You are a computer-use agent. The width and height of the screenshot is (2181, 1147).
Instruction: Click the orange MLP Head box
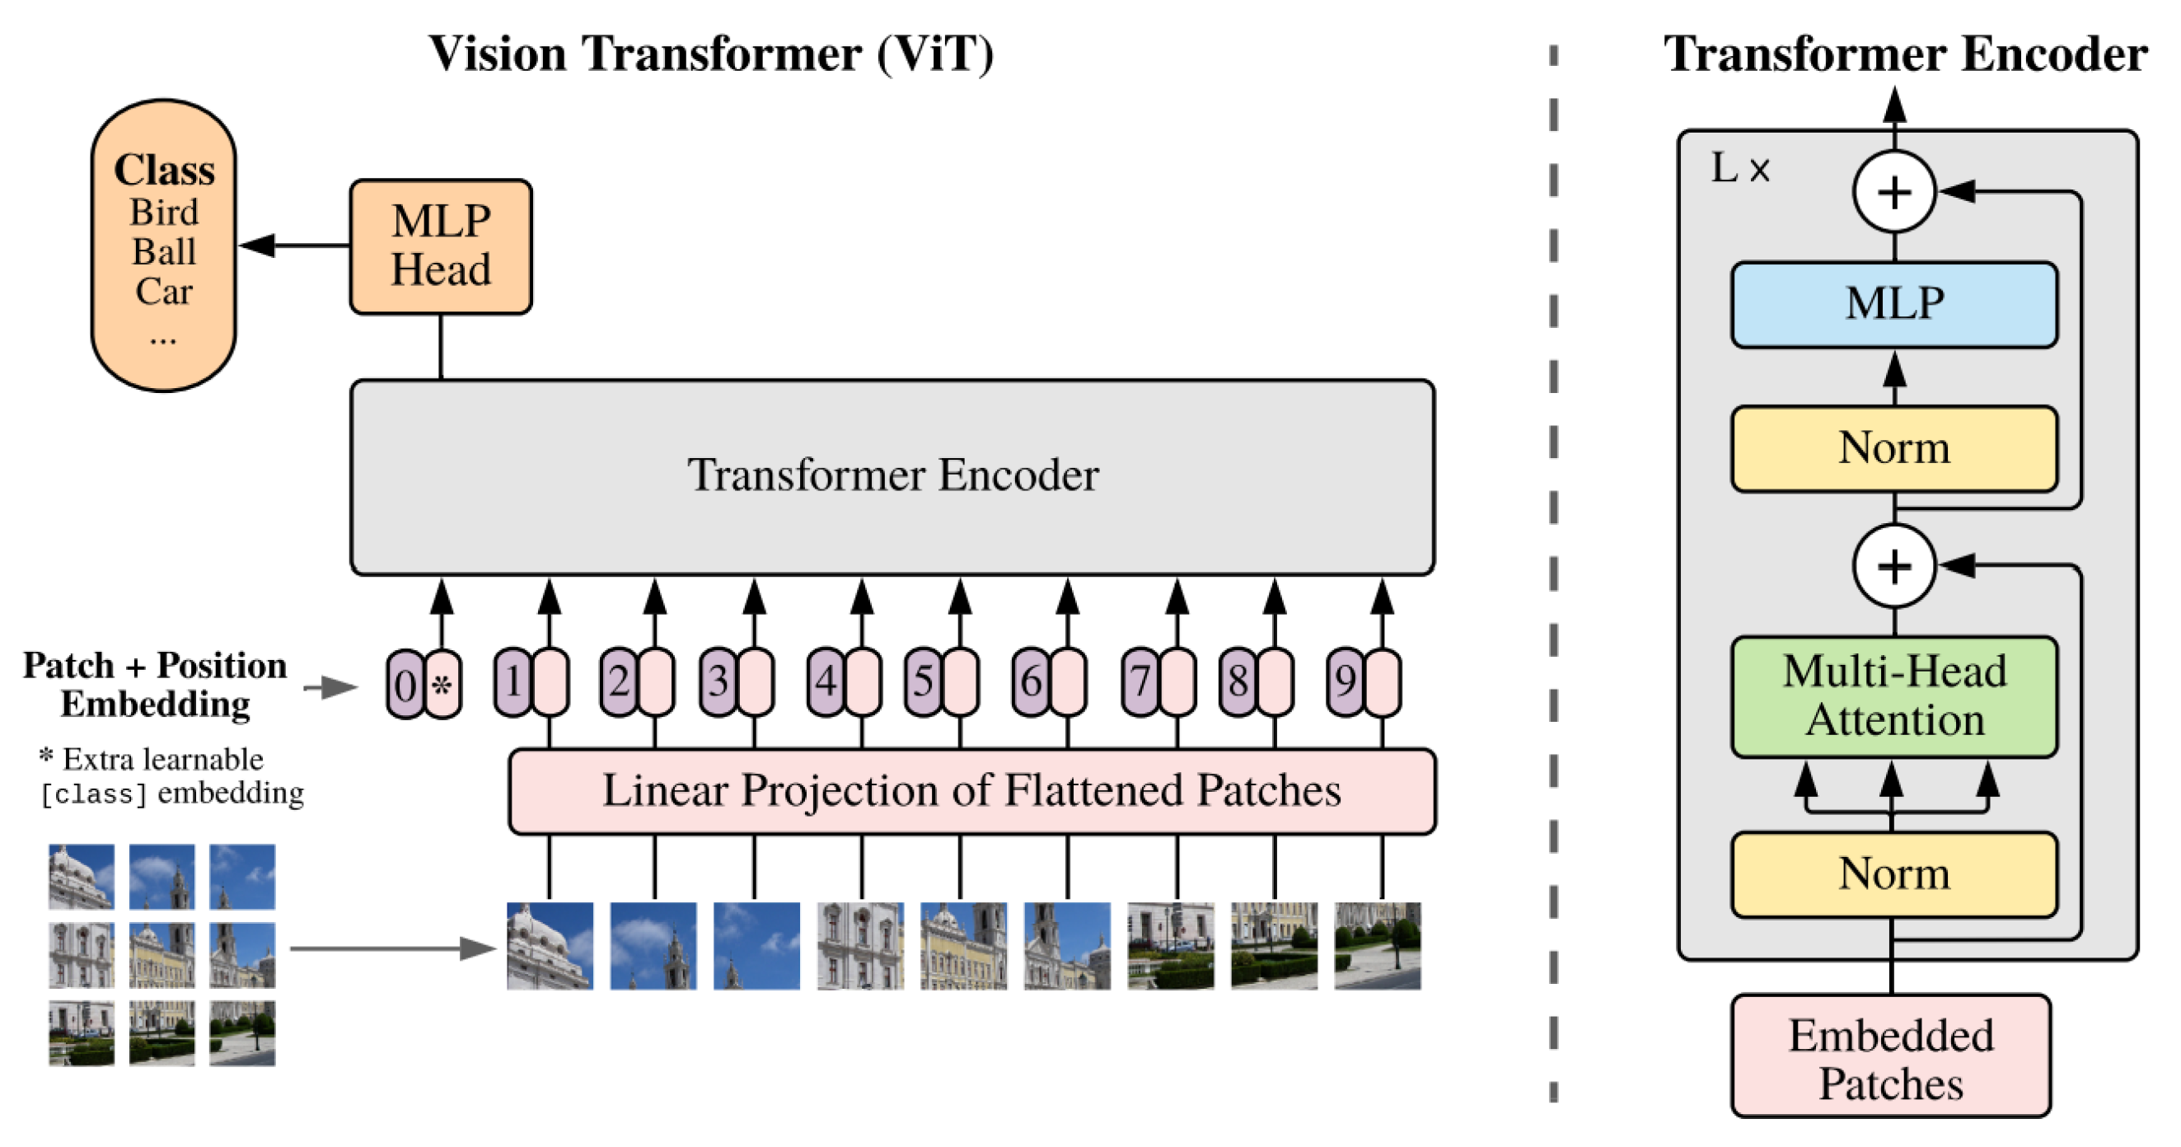(x=440, y=246)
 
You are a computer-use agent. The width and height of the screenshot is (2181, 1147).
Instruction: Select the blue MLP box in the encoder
(x=1894, y=305)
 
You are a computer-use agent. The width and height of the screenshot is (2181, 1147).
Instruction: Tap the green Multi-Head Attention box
(x=1894, y=695)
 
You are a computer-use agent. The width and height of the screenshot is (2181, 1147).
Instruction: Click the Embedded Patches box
(x=1890, y=1057)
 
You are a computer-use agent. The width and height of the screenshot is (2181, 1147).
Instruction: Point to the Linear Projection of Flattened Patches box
(x=971, y=792)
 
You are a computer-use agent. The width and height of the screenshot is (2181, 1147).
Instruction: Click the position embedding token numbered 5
(x=923, y=681)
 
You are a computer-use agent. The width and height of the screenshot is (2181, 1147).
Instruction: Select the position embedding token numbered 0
(x=405, y=684)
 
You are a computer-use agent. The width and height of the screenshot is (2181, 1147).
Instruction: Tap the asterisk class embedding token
(x=442, y=684)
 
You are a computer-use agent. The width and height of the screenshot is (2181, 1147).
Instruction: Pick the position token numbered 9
(x=1345, y=681)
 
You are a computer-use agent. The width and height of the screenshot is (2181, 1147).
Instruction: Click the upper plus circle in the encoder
(x=1894, y=192)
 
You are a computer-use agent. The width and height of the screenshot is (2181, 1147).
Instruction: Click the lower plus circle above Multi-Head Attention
(x=1894, y=565)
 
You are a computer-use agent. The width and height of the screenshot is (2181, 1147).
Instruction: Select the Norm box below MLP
(x=1894, y=448)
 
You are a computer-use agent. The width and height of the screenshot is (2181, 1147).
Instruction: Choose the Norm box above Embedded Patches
(x=1894, y=874)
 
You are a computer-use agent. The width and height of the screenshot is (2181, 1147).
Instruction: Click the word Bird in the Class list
(x=163, y=213)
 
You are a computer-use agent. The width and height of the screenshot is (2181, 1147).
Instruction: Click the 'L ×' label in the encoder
(x=1739, y=168)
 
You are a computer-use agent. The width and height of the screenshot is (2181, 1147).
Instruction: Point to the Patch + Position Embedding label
(x=155, y=684)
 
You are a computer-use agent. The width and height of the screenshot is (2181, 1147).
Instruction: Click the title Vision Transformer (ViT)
(x=711, y=54)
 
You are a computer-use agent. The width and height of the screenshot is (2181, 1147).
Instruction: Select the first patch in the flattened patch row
(x=550, y=946)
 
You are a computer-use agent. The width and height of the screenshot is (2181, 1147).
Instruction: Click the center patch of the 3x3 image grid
(x=161, y=955)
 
